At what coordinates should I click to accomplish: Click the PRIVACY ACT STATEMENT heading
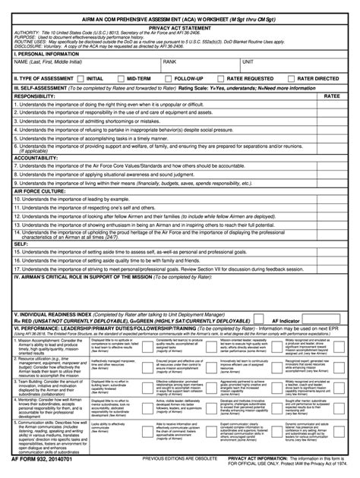pyautogui.click(x=179, y=25)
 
